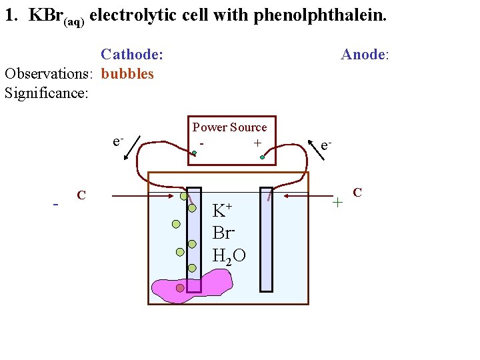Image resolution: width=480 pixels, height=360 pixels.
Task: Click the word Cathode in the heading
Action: pos(131,54)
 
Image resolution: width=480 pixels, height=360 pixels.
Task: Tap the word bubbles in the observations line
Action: pos(127,73)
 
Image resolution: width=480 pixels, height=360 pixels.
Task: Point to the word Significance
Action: pos(46,93)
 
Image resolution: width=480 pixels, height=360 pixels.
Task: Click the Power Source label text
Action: pos(229,127)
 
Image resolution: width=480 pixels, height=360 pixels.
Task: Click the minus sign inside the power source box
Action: pos(201,143)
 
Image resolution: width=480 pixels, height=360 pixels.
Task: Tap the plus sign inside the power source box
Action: pos(257,143)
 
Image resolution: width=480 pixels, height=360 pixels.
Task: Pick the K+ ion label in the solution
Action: pos(222,211)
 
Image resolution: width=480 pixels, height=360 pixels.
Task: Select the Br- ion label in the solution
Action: pos(223,233)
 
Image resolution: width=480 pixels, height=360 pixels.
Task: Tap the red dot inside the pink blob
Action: pos(180,288)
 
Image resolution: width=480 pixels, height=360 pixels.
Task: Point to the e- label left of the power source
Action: pos(117,141)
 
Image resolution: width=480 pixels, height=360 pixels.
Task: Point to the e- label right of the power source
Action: pos(326,145)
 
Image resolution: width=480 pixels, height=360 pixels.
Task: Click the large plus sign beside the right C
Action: pos(338,201)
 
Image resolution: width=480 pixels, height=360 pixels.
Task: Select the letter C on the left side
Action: pos(81,195)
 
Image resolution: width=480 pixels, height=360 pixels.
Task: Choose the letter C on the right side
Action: pos(357,193)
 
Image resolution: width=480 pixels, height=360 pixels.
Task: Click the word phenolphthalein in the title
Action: pos(320,15)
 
